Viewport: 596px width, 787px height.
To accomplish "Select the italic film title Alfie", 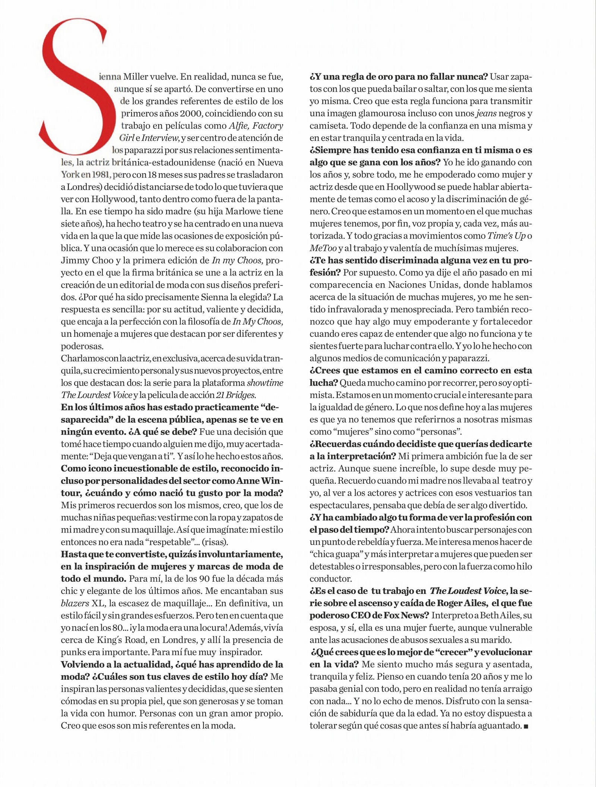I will [239, 126].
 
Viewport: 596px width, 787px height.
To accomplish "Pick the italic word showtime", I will [265, 383].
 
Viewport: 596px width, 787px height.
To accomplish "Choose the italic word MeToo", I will [323, 248].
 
